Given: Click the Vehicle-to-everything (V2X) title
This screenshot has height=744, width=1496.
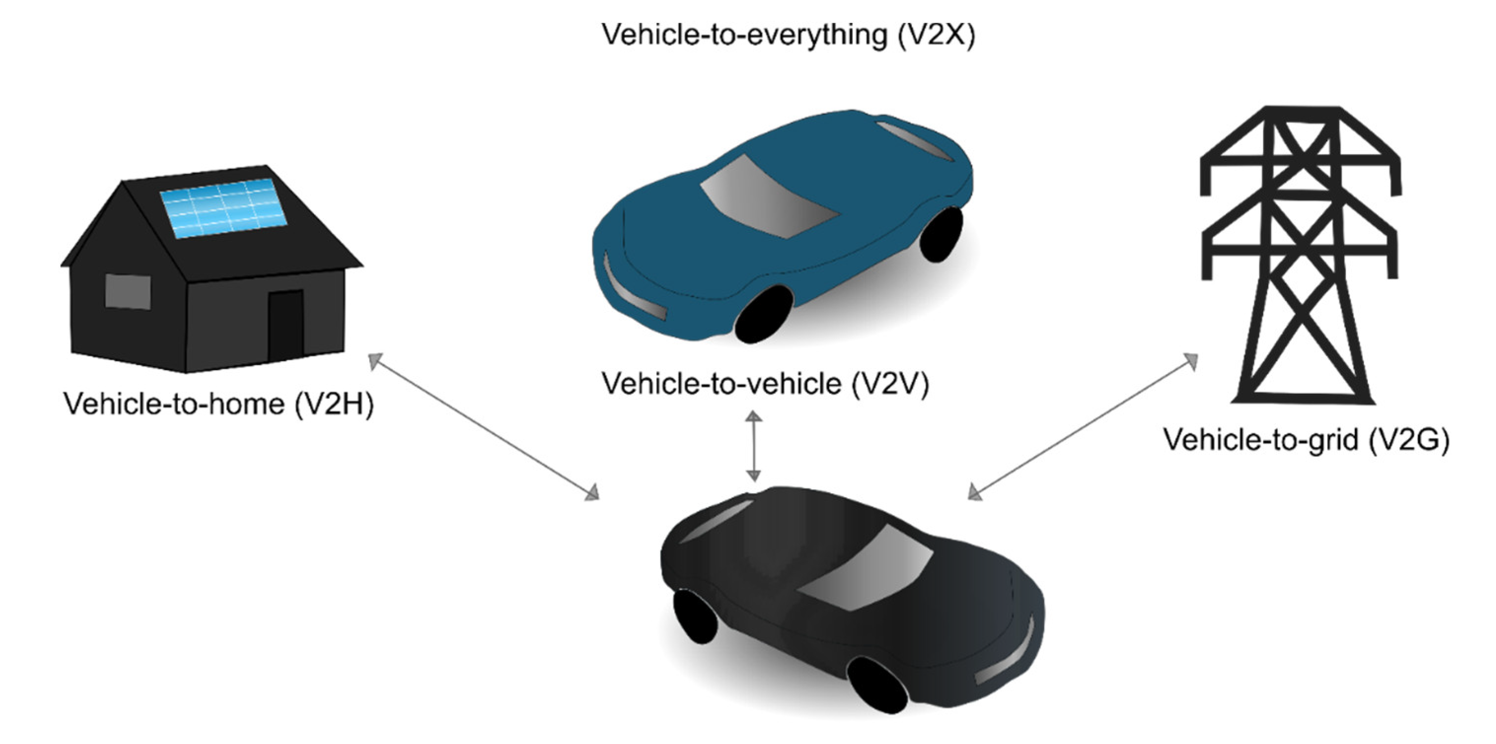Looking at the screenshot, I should pyautogui.click(x=788, y=35).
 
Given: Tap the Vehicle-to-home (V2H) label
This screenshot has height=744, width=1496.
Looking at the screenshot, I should pyautogui.click(x=219, y=404).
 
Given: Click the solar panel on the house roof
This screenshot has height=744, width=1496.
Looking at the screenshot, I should pyautogui.click(x=223, y=208).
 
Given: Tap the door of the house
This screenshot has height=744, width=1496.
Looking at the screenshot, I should pyautogui.click(x=286, y=325).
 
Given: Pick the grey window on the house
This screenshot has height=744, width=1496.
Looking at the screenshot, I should pyautogui.click(x=128, y=292).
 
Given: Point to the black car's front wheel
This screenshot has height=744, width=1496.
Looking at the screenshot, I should pyautogui.click(x=877, y=685).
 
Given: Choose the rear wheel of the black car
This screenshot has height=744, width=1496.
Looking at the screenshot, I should pyautogui.click(x=694, y=616).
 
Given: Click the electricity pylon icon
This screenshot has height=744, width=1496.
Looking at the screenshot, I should pyautogui.click(x=1301, y=255).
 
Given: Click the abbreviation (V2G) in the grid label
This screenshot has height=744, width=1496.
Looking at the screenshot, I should pyautogui.click(x=1408, y=440).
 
